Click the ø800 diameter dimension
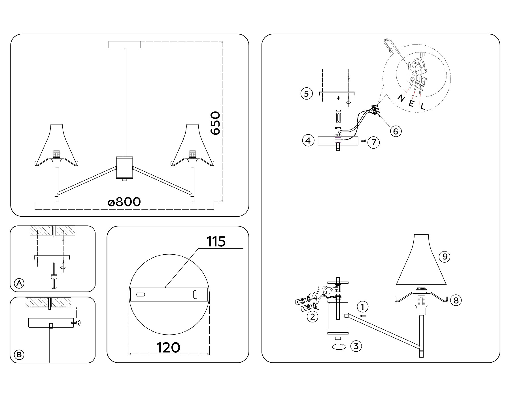[x=124, y=202]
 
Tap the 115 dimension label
[x=216, y=242]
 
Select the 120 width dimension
[x=168, y=347]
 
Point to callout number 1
[x=363, y=307]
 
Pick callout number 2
[x=313, y=316]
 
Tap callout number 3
[x=356, y=346]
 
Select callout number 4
[x=308, y=140]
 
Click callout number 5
[x=306, y=94]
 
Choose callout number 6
[x=396, y=131]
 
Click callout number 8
[x=456, y=300]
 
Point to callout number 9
[x=445, y=257]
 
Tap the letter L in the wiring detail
[x=422, y=107]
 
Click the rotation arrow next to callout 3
[x=339, y=346]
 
